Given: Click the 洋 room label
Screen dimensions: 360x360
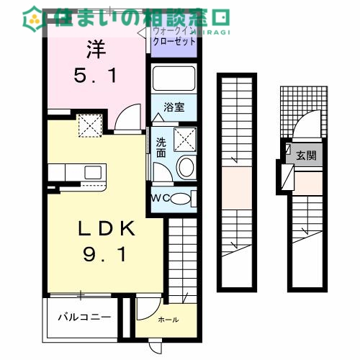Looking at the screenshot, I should coord(96,50).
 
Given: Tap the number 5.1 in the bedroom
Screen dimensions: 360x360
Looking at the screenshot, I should coord(96,74).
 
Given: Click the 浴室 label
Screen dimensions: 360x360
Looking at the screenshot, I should coord(174,108).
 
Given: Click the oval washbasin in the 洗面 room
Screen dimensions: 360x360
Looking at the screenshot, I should coord(184,168).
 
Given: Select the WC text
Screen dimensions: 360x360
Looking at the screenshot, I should coord(161,198).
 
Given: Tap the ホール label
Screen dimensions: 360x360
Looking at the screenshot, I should coord(168,320).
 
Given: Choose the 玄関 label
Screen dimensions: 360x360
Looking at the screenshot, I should coord(306,155).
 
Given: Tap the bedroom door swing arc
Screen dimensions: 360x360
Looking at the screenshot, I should coord(127,115).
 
